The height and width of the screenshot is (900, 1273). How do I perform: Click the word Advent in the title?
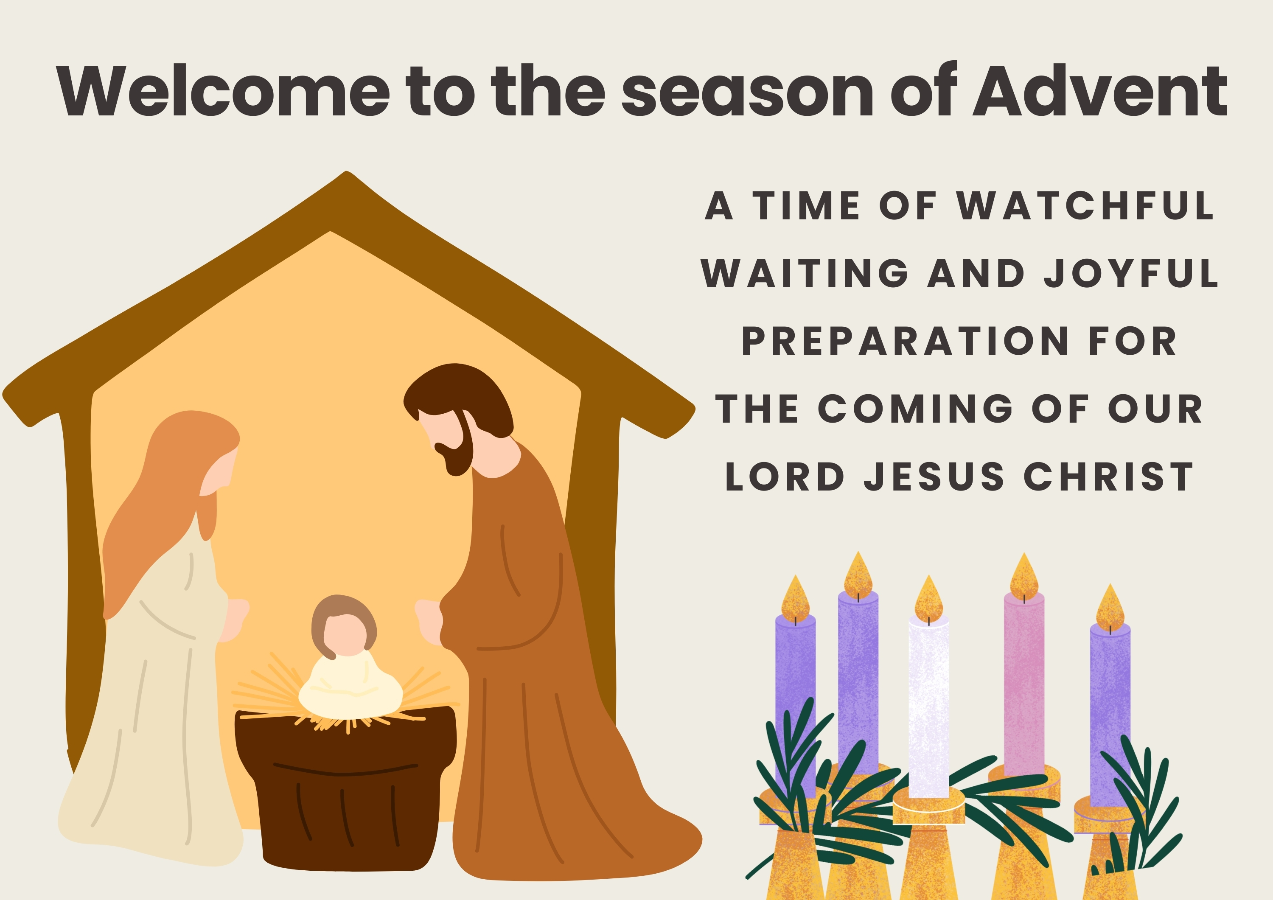click(1100, 91)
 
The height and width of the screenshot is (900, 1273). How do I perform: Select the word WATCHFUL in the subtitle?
click(1085, 206)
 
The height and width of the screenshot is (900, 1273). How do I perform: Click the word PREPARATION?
click(905, 341)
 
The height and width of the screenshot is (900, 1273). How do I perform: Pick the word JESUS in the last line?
click(934, 477)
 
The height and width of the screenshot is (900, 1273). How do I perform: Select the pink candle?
click(1024, 684)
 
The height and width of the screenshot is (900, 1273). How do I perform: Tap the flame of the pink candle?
click(1024, 577)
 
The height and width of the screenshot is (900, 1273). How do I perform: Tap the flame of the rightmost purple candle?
click(1110, 608)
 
